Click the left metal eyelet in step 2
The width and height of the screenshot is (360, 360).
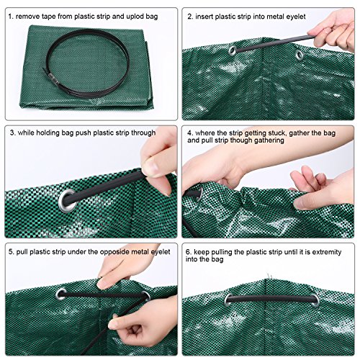pyautogui.click(x=232, y=51)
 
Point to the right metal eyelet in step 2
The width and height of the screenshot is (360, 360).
pyautogui.click(x=298, y=54)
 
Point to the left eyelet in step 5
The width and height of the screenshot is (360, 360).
pyautogui.click(x=60, y=294)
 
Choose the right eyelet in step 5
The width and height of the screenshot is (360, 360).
pyautogui.click(x=145, y=295)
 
